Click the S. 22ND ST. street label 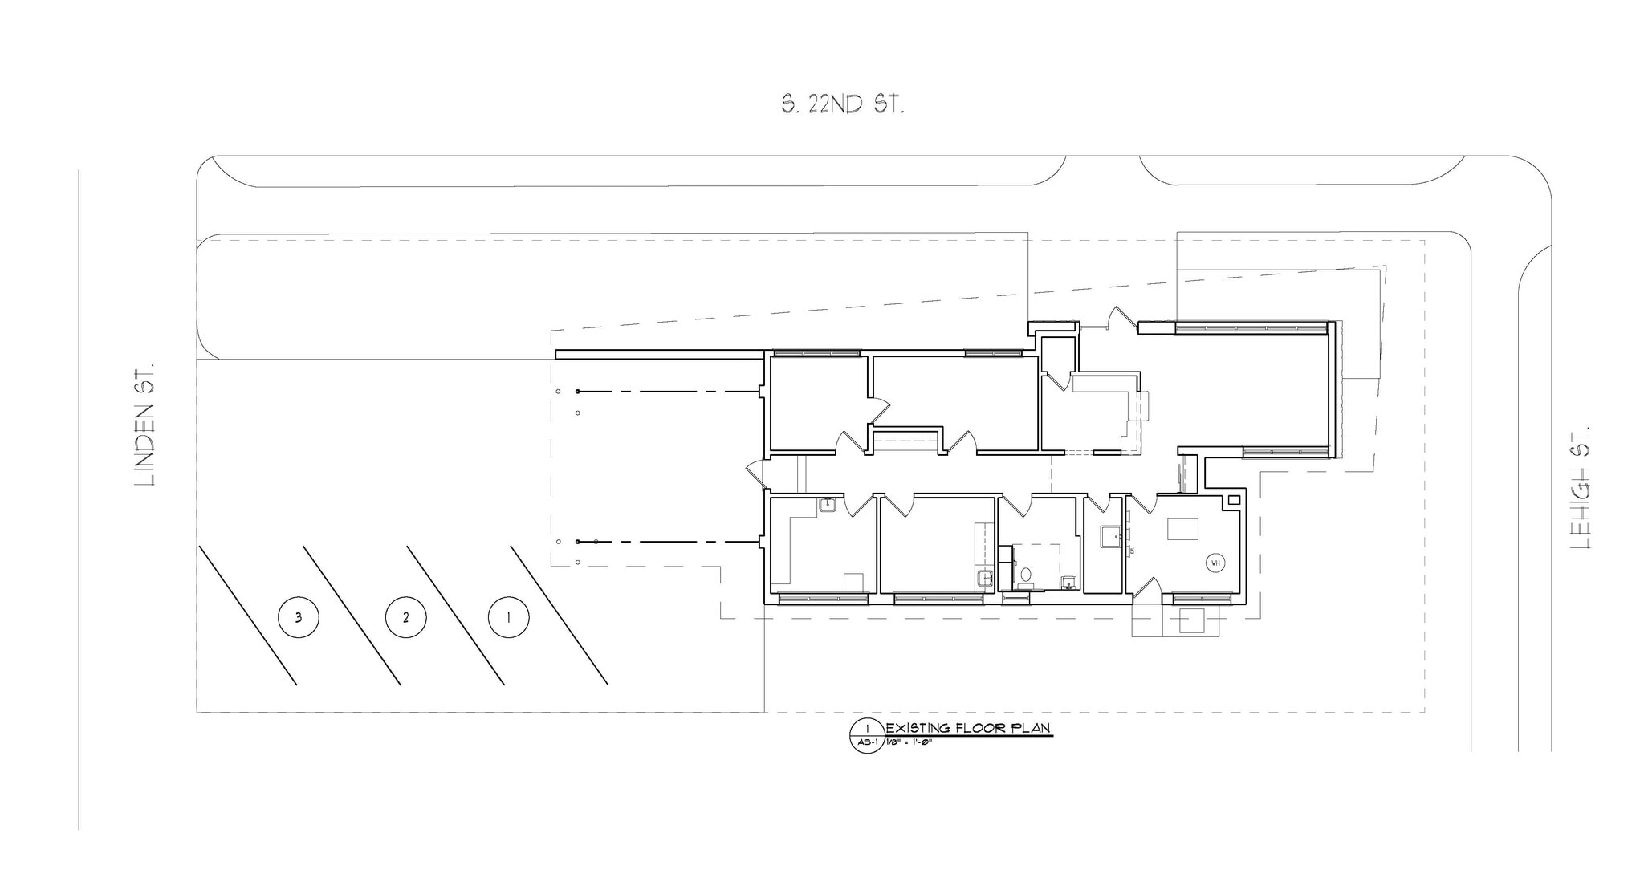tap(843, 104)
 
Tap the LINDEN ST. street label tap(145, 423)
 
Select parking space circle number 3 tap(299, 617)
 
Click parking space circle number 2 tap(405, 617)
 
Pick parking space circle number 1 tap(509, 617)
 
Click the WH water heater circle tap(1215, 563)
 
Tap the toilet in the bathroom tap(1025, 576)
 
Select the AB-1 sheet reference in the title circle tap(866, 742)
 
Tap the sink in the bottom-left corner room tap(827, 504)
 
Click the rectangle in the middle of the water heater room tap(1182, 530)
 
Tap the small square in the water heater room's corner tap(1234, 499)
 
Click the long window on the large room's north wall tap(1251, 327)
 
